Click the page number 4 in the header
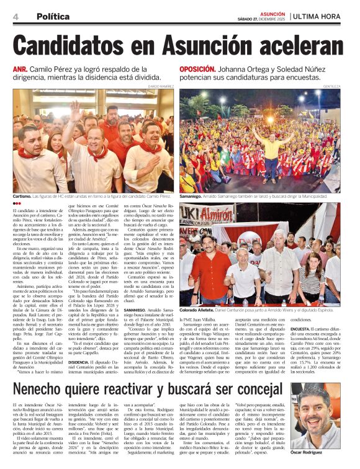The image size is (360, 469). (14, 17)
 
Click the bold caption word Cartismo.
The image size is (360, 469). (24, 196)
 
